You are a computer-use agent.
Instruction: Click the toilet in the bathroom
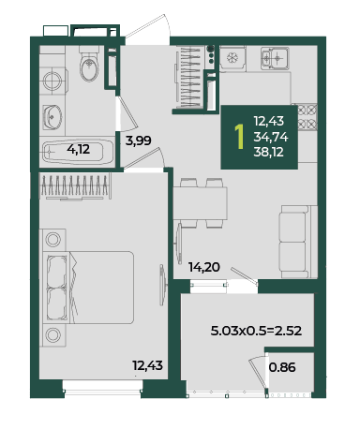(x=89, y=65)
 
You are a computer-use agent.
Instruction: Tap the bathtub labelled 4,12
(x=78, y=152)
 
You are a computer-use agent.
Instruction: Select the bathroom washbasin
(x=52, y=117)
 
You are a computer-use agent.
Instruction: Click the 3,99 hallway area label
(x=139, y=141)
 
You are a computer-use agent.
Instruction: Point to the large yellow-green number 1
(x=239, y=137)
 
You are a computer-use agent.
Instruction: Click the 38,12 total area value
(x=269, y=152)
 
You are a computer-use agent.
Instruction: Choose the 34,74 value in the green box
(x=271, y=137)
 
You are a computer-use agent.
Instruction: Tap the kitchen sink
(x=275, y=58)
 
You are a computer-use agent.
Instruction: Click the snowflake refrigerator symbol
(x=232, y=58)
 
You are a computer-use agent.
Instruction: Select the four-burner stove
(x=307, y=117)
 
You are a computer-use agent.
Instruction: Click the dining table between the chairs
(x=200, y=203)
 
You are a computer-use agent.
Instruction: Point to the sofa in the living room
(x=299, y=242)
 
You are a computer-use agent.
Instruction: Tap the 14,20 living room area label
(x=204, y=267)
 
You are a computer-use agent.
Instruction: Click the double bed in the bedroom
(x=91, y=288)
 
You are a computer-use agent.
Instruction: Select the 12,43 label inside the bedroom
(x=147, y=365)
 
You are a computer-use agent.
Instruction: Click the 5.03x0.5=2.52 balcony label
(x=256, y=331)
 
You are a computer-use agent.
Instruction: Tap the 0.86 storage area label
(x=282, y=367)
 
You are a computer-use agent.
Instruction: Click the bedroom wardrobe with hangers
(x=75, y=186)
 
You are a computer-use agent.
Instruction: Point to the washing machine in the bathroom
(x=52, y=81)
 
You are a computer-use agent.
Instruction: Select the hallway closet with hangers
(x=188, y=77)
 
